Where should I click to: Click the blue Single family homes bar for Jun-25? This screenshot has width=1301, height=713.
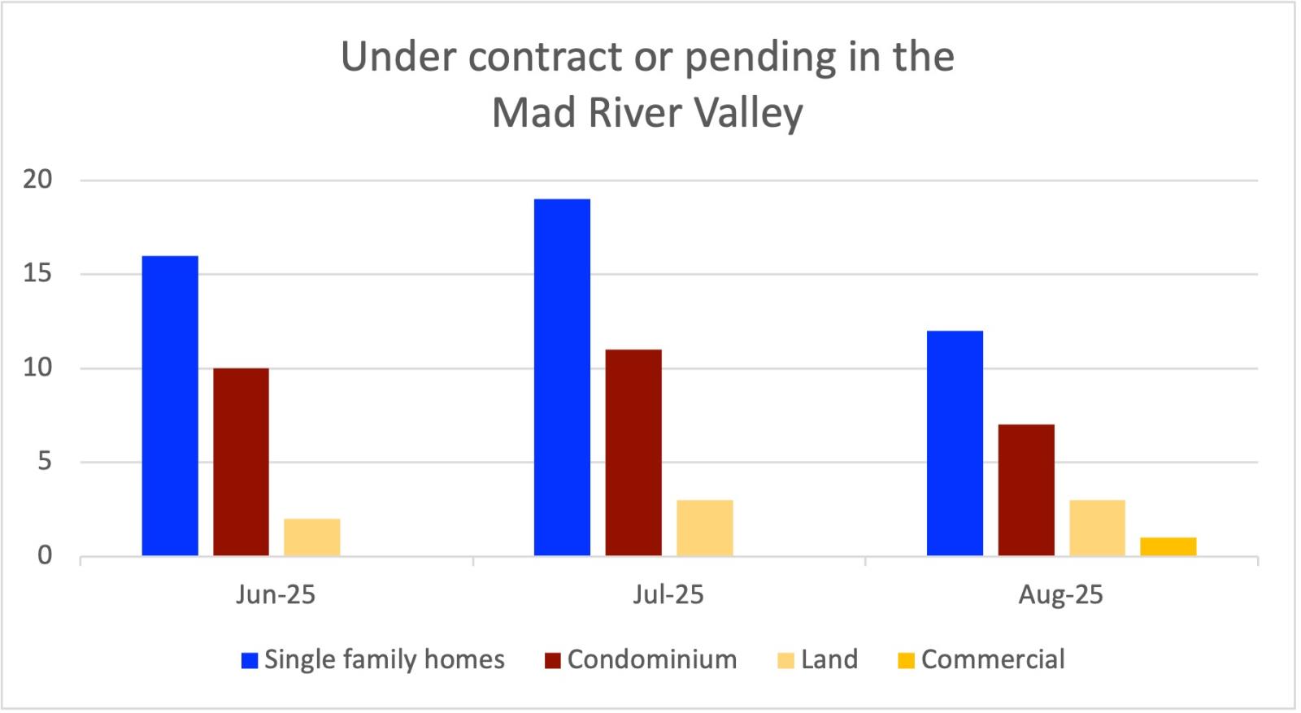point(170,406)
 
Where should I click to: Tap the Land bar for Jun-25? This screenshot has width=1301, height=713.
point(311,537)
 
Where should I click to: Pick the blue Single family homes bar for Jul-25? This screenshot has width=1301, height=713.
point(562,377)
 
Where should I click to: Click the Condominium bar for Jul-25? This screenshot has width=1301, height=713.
point(633,453)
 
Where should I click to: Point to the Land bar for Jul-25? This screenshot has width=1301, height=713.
point(704,528)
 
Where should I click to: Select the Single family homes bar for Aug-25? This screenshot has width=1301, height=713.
point(955,443)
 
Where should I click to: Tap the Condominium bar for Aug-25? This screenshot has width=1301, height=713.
point(1026,490)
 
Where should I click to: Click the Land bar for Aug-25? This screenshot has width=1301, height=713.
point(1097,528)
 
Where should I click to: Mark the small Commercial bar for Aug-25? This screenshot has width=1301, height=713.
point(1168,546)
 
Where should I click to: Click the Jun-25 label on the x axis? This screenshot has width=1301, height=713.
point(276,595)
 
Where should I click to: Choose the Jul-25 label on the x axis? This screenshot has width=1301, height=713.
point(668,595)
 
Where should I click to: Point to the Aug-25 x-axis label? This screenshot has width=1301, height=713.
point(1060,595)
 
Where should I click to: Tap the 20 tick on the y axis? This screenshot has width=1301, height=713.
point(37,180)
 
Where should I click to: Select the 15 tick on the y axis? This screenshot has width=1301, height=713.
point(37,274)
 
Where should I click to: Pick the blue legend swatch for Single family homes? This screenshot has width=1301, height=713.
point(250,660)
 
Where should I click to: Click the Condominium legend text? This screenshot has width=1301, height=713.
point(652,659)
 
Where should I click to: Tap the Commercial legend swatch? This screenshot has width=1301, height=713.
point(906,660)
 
